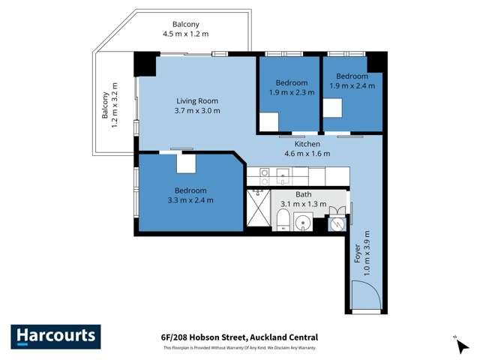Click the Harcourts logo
(x=55, y=337)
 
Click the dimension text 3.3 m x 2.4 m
(x=190, y=200)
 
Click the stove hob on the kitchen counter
(x=265, y=176)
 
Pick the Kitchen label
(x=307, y=144)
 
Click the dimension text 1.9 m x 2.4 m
(x=352, y=86)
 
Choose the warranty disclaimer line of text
(x=239, y=348)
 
